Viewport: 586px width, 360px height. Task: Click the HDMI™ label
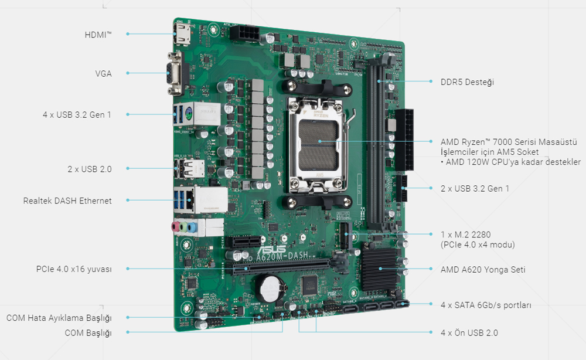[97, 35]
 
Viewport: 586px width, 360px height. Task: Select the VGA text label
[103, 73]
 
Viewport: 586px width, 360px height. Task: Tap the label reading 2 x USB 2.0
[89, 169]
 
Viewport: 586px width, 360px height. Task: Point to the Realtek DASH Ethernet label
[67, 201]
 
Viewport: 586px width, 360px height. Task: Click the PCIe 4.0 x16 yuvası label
[74, 269]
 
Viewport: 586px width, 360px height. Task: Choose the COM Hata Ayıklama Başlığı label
[59, 318]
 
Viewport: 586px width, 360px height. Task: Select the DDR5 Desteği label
[467, 81]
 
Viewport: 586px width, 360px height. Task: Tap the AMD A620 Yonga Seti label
[483, 270]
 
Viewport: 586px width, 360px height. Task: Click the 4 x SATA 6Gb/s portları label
[486, 305]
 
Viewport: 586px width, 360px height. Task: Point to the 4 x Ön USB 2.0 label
[469, 332]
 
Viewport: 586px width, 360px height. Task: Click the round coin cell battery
[270, 287]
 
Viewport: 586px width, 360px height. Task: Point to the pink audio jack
[175, 226]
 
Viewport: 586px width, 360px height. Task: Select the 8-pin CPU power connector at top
[243, 32]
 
